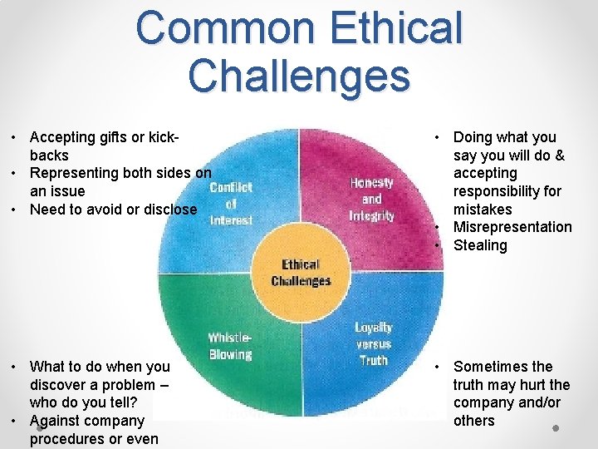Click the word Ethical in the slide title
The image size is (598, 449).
(393, 28)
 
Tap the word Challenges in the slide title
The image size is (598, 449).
(299, 76)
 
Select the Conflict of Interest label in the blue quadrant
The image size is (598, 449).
(231, 204)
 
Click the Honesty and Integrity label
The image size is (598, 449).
(371, 199)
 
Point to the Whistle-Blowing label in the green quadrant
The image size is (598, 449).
(229, 346)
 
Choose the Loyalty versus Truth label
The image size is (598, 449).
(373, 343)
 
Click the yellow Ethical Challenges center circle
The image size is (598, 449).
(301, 273)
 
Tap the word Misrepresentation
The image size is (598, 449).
(512, 227)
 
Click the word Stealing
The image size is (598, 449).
(480, 245)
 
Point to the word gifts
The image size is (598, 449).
(122, 137)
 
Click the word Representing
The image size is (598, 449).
(74, 173)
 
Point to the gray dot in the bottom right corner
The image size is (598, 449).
(555, 427)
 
